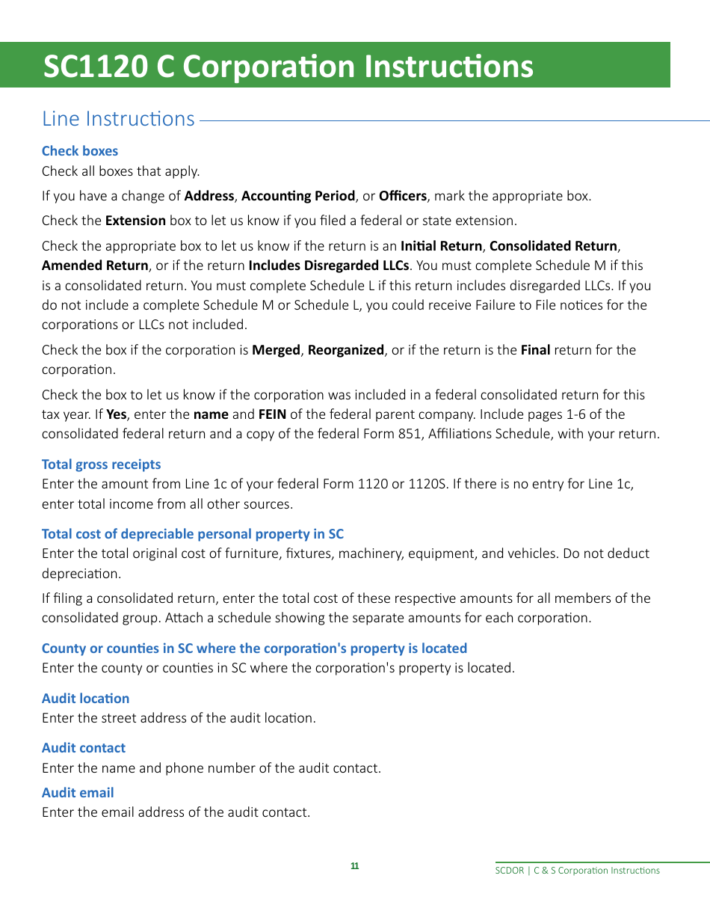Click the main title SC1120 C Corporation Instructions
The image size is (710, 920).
[288, 67]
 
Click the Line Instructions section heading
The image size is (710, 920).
[118, 119]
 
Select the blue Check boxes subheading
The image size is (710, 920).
[80, 151]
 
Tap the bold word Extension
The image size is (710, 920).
[135, 221]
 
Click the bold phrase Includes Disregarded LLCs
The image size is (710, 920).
[328, 266]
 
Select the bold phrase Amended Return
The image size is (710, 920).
[95, 266]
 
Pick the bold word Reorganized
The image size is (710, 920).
[345, 350]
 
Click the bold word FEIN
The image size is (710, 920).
[272, 414]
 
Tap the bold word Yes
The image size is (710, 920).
[116, 414]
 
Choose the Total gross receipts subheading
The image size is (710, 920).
[101, 464]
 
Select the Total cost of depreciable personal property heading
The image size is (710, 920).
[193, 534]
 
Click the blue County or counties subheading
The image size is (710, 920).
[254, 648]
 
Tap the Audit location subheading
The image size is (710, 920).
[85, 699]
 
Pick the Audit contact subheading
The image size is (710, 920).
[84, 748]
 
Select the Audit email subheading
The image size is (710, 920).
[78, 793]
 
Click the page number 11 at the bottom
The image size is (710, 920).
[354, 866]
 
